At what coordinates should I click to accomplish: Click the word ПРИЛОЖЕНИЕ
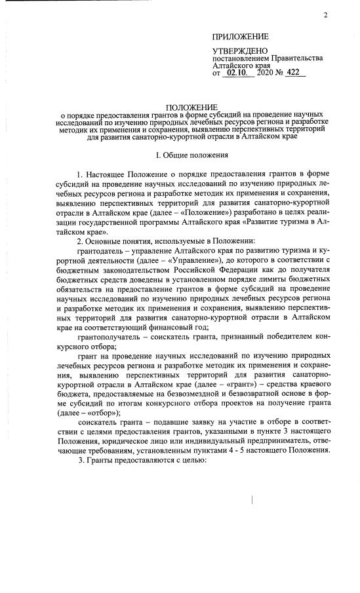point(241,36)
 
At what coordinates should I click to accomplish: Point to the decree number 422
point(296,73)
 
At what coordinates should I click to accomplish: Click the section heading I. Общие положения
point(191,156)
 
